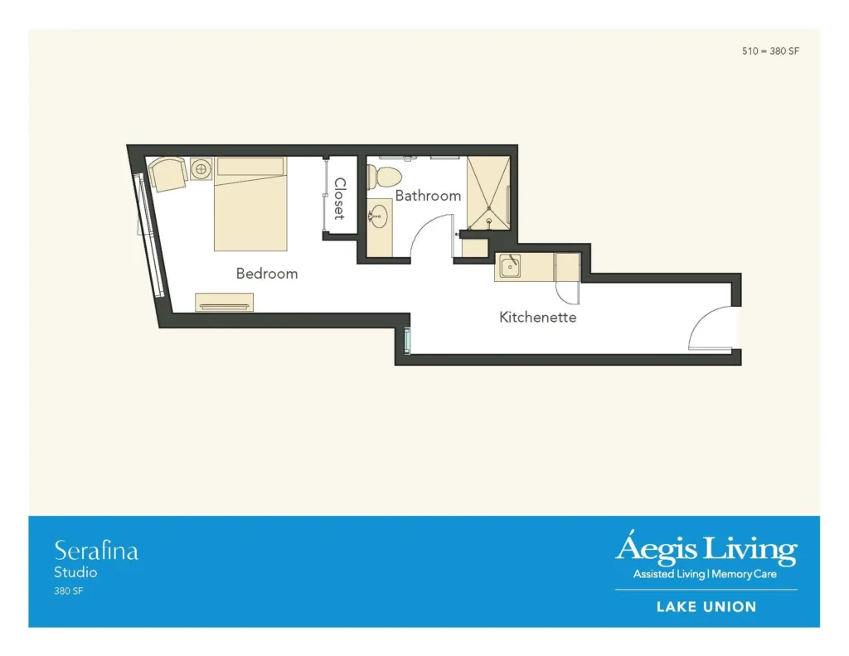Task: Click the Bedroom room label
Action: tap(267, 274)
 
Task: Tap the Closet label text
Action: tap(339, 198)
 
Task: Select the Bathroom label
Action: tap(428, 196)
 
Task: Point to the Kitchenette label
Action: tap(537, 317)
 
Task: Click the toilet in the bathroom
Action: tap(385, 176)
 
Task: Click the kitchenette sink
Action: tap(510, 266)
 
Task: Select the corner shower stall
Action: tap(488, 192)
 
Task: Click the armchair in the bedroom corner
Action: tap(167, 174)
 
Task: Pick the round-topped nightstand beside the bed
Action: tap(201, 168)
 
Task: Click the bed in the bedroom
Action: tap(250, 204)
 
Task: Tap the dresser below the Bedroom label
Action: tap(224, 302)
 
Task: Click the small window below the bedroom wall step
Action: tap(407, 341)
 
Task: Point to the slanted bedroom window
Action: tap(148, 235)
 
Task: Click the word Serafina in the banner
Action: tap(96, 551)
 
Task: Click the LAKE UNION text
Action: tap(706, 607)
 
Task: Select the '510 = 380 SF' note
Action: tap(770, 51)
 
